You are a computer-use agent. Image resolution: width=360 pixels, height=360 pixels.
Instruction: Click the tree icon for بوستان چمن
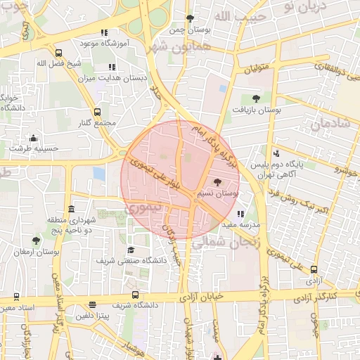pos(190,18)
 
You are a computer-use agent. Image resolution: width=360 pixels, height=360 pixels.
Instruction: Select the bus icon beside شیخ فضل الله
pos(58,53)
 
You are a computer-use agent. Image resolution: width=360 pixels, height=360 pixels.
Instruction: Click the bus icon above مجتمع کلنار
pos(97,112)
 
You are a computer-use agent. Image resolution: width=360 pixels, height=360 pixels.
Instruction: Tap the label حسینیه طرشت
pos(33,148)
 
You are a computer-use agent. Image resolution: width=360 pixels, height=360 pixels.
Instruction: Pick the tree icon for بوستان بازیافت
pos(255,99)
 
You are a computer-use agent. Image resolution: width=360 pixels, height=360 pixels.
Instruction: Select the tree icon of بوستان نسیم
pos(217,182)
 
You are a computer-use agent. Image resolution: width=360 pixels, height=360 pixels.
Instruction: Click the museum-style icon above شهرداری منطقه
pos(71,210)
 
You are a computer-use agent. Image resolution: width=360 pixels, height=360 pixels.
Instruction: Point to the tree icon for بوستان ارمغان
pos(36,240)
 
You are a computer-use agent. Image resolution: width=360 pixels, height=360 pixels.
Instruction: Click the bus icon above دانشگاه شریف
pos(136,296)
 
